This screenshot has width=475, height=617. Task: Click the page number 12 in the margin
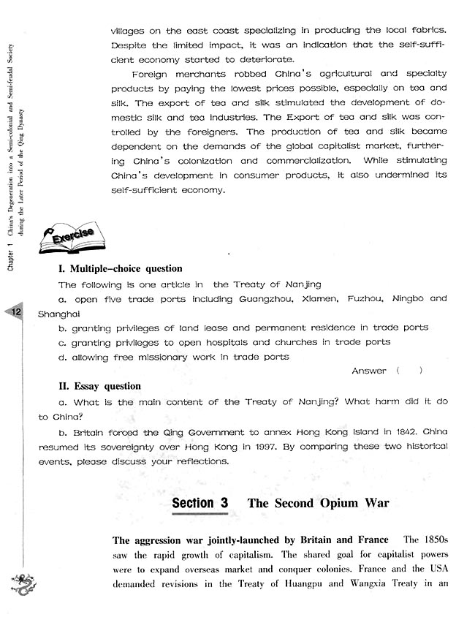15,313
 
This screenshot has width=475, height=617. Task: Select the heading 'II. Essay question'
99,386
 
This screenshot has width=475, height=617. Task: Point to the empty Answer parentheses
409,371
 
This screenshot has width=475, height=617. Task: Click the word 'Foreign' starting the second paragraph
152,75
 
